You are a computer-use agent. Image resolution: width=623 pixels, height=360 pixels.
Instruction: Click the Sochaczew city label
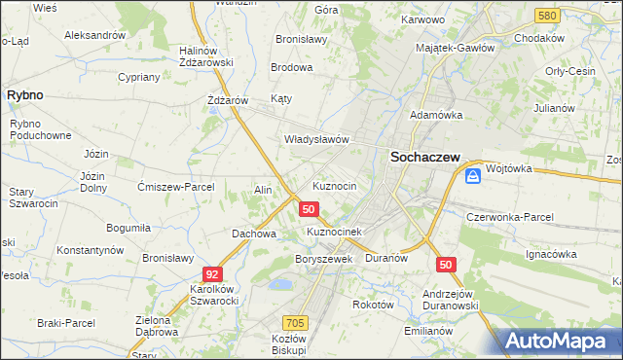[424, 156]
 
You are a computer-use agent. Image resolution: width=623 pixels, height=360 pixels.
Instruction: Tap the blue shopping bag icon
[472, 176]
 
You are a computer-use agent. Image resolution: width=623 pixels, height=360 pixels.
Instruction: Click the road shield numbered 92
[213, 275]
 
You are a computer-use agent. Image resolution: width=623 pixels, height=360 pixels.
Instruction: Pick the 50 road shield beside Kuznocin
[309, 209]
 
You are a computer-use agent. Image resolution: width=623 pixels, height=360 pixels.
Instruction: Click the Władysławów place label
[316, 139]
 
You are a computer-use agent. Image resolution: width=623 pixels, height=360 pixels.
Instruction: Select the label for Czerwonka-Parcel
[510, 216]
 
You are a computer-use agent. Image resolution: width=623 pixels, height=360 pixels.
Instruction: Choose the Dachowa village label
[254, 234]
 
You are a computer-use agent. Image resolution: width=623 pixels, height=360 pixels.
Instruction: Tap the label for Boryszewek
[323, 259]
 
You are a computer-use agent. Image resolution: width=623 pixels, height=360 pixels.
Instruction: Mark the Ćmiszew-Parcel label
[175, 186]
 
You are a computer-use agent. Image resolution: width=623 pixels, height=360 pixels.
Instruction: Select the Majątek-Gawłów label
[455, 47]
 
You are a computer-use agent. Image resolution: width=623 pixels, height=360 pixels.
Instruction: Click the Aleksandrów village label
[94, 34]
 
